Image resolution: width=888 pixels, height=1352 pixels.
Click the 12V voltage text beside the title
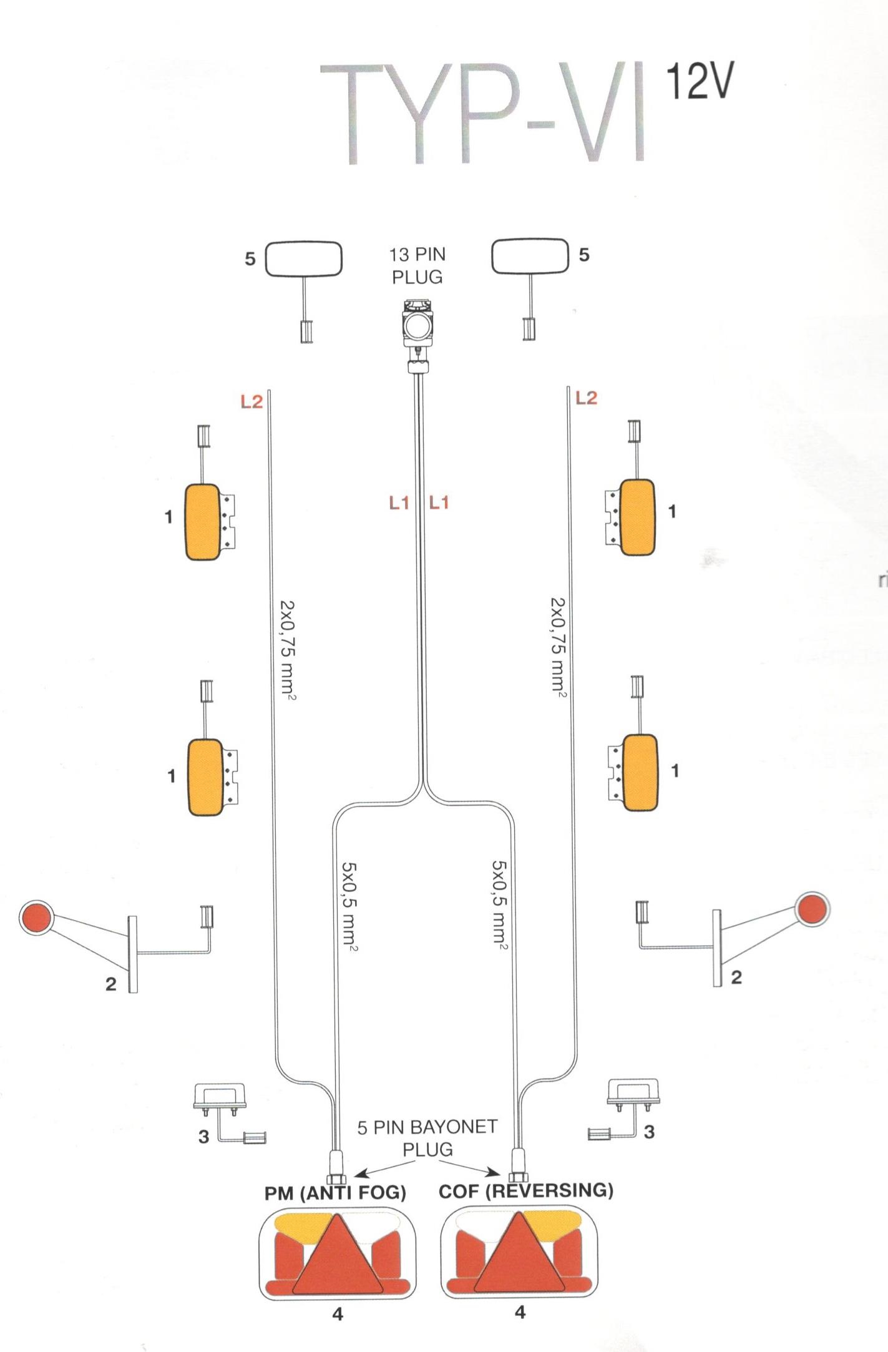click(699, 81)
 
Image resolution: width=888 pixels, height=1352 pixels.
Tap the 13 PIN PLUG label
click(417, 266)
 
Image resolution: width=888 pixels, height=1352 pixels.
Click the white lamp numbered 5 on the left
click(304, 259)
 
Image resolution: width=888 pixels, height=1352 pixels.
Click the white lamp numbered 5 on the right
click(530, 256)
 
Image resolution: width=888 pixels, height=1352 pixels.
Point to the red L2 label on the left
click(251, 402)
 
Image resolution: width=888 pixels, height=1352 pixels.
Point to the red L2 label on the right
click(586, 398)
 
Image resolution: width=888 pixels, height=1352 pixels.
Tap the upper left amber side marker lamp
click(203, 522)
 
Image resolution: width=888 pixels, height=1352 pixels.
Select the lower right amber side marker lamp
click(640, 773)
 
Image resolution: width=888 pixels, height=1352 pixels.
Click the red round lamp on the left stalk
click(35, 918)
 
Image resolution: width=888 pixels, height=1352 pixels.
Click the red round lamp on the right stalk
click(812, 909)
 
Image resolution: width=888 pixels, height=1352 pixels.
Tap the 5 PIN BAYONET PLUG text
click(427, 1138)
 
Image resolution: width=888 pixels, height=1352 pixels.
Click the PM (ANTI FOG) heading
click(335, 1193)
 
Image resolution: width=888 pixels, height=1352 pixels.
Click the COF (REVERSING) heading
click(525, 1190)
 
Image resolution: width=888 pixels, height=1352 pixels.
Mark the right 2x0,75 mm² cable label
click(557, 646)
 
